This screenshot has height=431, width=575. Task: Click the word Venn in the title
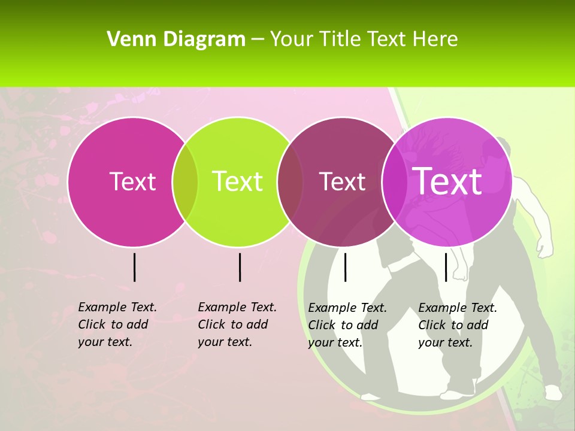coord(128,40)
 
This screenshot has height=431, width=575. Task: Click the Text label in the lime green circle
coord(238,181)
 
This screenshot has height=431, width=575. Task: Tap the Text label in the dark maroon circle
coord(343,181)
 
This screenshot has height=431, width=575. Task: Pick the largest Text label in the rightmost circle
coord(447,181)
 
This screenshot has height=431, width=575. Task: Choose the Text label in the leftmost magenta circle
coord(133,181)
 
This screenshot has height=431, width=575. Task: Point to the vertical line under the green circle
coord(240,267)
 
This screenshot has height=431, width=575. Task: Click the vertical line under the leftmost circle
coord(135,267)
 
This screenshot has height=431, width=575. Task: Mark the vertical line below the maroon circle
coord(345,267)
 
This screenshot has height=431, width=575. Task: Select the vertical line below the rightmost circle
coord(446,267)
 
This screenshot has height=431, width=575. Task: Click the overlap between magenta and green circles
coord(185,181)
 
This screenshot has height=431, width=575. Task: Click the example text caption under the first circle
coord(117,324)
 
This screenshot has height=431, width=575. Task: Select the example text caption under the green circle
coord(237,324)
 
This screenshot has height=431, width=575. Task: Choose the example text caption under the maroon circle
coord(347,325)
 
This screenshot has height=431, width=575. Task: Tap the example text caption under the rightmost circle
coord(458,325)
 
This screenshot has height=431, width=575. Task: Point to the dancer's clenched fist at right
coord(544,247)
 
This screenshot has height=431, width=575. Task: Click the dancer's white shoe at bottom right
coord(552,392)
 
